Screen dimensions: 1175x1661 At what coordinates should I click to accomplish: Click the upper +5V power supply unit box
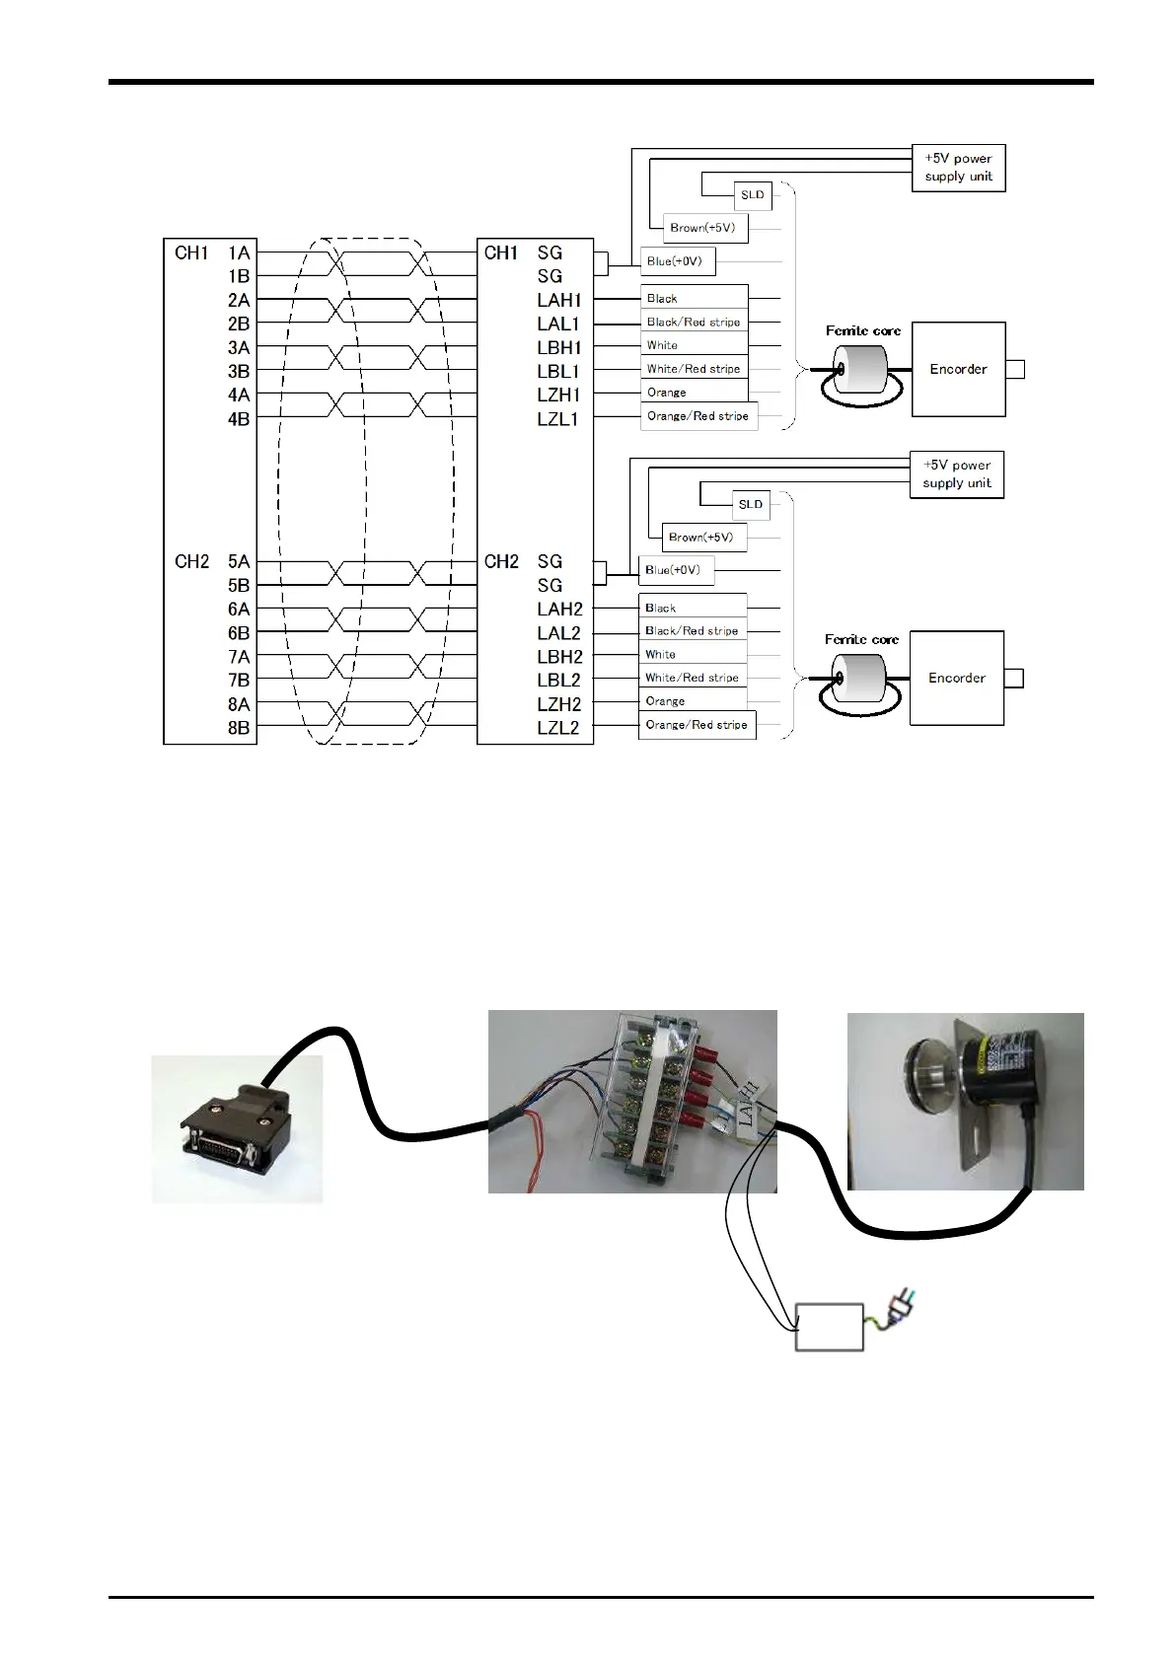(x=958, y=169)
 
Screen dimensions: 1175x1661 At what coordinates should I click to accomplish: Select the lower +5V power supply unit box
(x=957, y=474)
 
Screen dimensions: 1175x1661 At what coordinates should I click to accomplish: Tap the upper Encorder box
(x=958, y=369)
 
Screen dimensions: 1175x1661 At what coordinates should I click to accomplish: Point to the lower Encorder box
(x=957, y=678)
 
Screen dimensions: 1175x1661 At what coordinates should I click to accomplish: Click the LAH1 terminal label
(x=559, y=300)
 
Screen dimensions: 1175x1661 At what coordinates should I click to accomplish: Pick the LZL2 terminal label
(x=557, y=728)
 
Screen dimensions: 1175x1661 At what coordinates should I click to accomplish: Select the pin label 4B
(x=239, y=420)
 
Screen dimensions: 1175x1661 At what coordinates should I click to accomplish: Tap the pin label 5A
(x=239, y=561)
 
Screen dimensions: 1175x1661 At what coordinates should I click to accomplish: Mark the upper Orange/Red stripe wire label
(x=698, y=417)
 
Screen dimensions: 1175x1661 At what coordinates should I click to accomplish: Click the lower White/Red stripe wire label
(x=693, y=678)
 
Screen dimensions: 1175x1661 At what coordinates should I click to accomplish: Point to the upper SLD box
(x=752, y=195)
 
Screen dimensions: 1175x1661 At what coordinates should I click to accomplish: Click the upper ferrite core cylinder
(x=860, y=369)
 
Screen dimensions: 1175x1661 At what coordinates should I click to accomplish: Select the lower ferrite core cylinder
(x=859, y=678)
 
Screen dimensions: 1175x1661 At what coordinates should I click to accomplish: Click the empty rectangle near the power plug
(x=830, y=1328)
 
